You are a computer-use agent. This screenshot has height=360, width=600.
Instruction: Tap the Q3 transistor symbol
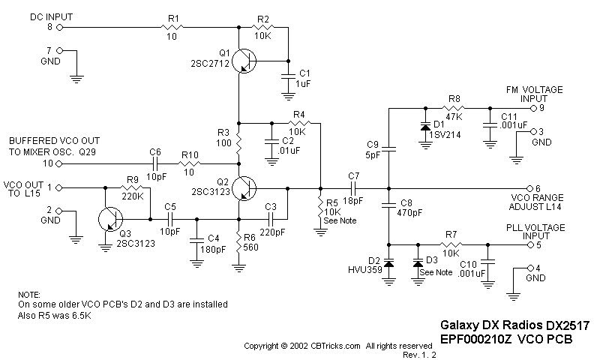point(110,220)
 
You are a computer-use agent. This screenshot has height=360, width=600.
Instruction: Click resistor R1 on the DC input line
point(173,27)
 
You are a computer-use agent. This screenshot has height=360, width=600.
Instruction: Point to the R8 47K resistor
point(454,106)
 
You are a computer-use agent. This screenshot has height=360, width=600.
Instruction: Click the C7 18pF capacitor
point(353,187)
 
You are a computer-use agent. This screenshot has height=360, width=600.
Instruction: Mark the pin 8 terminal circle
point(59,27)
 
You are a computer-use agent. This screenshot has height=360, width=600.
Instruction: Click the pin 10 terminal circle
point(59,162)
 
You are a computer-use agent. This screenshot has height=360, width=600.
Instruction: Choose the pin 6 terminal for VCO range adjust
point(529,187)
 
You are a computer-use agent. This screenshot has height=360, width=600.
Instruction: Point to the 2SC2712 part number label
point(210,64)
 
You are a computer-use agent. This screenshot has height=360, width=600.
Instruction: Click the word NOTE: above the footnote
point(28,295)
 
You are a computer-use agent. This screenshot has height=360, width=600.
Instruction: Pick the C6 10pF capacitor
point(156,162)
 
